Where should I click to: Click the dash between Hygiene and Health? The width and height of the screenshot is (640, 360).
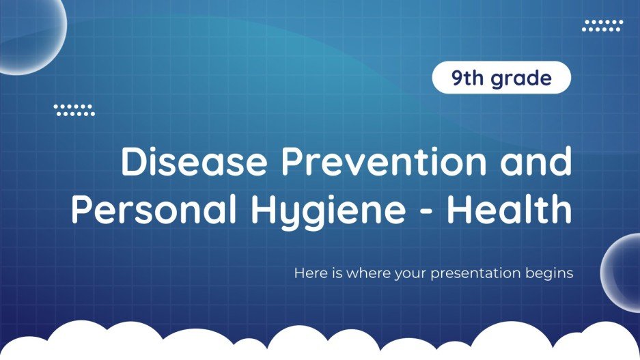429,213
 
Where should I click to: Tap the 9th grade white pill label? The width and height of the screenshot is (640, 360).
501,79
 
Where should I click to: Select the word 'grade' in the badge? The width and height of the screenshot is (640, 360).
520,79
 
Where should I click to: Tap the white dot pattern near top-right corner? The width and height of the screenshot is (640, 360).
602,26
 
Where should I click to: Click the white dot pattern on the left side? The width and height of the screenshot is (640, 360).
74,110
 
